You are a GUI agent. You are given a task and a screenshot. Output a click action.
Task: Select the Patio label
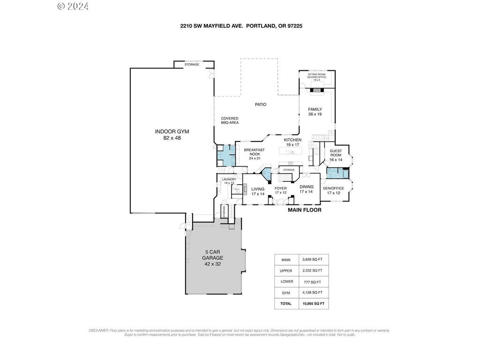pos(261,105)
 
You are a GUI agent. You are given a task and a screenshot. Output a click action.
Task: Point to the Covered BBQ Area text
pos(230,120)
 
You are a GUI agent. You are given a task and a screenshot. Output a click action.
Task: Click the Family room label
pos(315,112)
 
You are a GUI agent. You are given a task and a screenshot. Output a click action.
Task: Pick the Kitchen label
pos(292,142)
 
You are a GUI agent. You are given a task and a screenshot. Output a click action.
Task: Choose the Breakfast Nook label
pos(254,154)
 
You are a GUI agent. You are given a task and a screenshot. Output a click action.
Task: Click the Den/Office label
pos(333,190)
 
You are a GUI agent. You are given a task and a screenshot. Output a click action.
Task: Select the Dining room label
pos(306,189)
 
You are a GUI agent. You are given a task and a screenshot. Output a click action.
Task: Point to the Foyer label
pos(280,190)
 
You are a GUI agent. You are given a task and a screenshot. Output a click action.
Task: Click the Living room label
pos(258,191)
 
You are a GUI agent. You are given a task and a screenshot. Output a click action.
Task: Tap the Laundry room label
pos(229,181)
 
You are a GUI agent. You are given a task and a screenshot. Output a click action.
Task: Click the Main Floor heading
pos(304,210)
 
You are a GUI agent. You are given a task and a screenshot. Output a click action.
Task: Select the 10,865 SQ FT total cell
pos(311,304)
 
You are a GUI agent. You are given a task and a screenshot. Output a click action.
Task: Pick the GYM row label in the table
pos(286,292)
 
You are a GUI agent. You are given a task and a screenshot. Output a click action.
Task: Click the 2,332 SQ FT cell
pos(311,270)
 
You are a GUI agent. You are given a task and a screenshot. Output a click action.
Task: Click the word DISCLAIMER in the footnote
pos(98,330)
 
